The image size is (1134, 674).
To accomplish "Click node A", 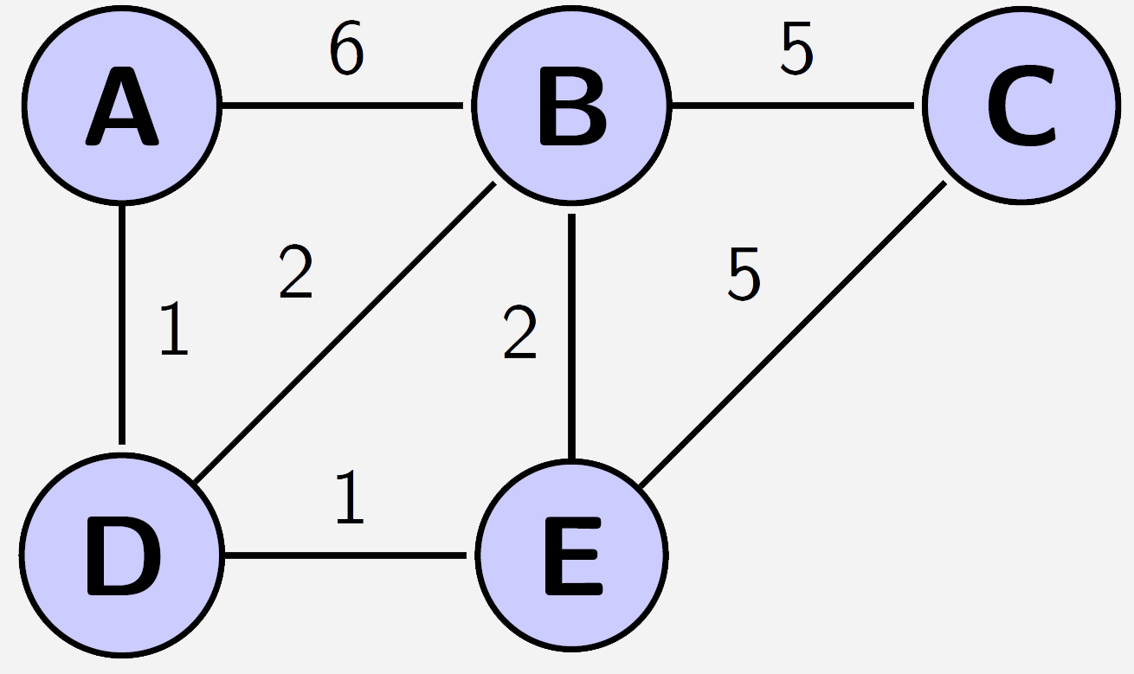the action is pos(121,106).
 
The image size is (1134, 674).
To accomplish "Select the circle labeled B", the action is pos(571,106).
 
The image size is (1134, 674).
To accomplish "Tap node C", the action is pos(1021,106).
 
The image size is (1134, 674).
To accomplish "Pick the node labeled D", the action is pos(121,555).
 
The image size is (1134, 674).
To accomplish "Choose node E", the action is pos(571,555).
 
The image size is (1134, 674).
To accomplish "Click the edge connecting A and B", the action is pos(343,106).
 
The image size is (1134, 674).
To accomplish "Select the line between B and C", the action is pos(793,106).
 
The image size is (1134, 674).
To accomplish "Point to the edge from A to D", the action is pos(121,324).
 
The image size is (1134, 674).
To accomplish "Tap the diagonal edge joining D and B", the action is pos(345,332).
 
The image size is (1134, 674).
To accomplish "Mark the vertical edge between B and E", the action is pos(571,336).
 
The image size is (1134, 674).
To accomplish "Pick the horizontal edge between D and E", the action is pos(345,555).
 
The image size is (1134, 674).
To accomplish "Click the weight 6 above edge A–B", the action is pos(347,48).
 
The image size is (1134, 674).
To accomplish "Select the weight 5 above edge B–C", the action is pos(797,48).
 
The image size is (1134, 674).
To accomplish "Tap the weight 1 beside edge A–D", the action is pos(174,328).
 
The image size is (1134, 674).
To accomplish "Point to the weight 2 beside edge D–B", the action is pos(296,271).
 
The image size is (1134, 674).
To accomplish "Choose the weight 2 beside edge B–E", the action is pos(520,331).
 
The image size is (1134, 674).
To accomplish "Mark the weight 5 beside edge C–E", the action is pos(744,273).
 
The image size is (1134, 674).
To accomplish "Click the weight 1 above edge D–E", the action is pos(350,497).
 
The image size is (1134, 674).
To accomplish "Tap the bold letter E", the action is pos(574,556).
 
